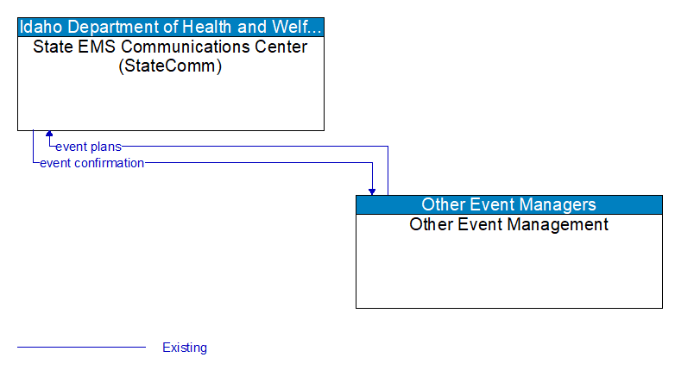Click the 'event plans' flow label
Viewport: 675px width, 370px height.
[88, 147]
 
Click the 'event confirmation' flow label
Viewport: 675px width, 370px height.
[91, 163]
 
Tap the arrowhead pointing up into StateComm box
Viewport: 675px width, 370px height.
[49, 135]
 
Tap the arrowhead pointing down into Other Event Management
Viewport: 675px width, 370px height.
[372, 191]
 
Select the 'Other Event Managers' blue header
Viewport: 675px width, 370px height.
[508, 204]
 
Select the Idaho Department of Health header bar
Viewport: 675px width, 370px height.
[171, 26]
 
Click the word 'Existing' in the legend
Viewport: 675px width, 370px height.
[185, 348]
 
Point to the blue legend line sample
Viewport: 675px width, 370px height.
[81, 348]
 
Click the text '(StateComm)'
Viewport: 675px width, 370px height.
[170, 66]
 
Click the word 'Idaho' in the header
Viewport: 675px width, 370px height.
[40, 26]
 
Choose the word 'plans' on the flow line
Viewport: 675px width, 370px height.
[104, 147]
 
